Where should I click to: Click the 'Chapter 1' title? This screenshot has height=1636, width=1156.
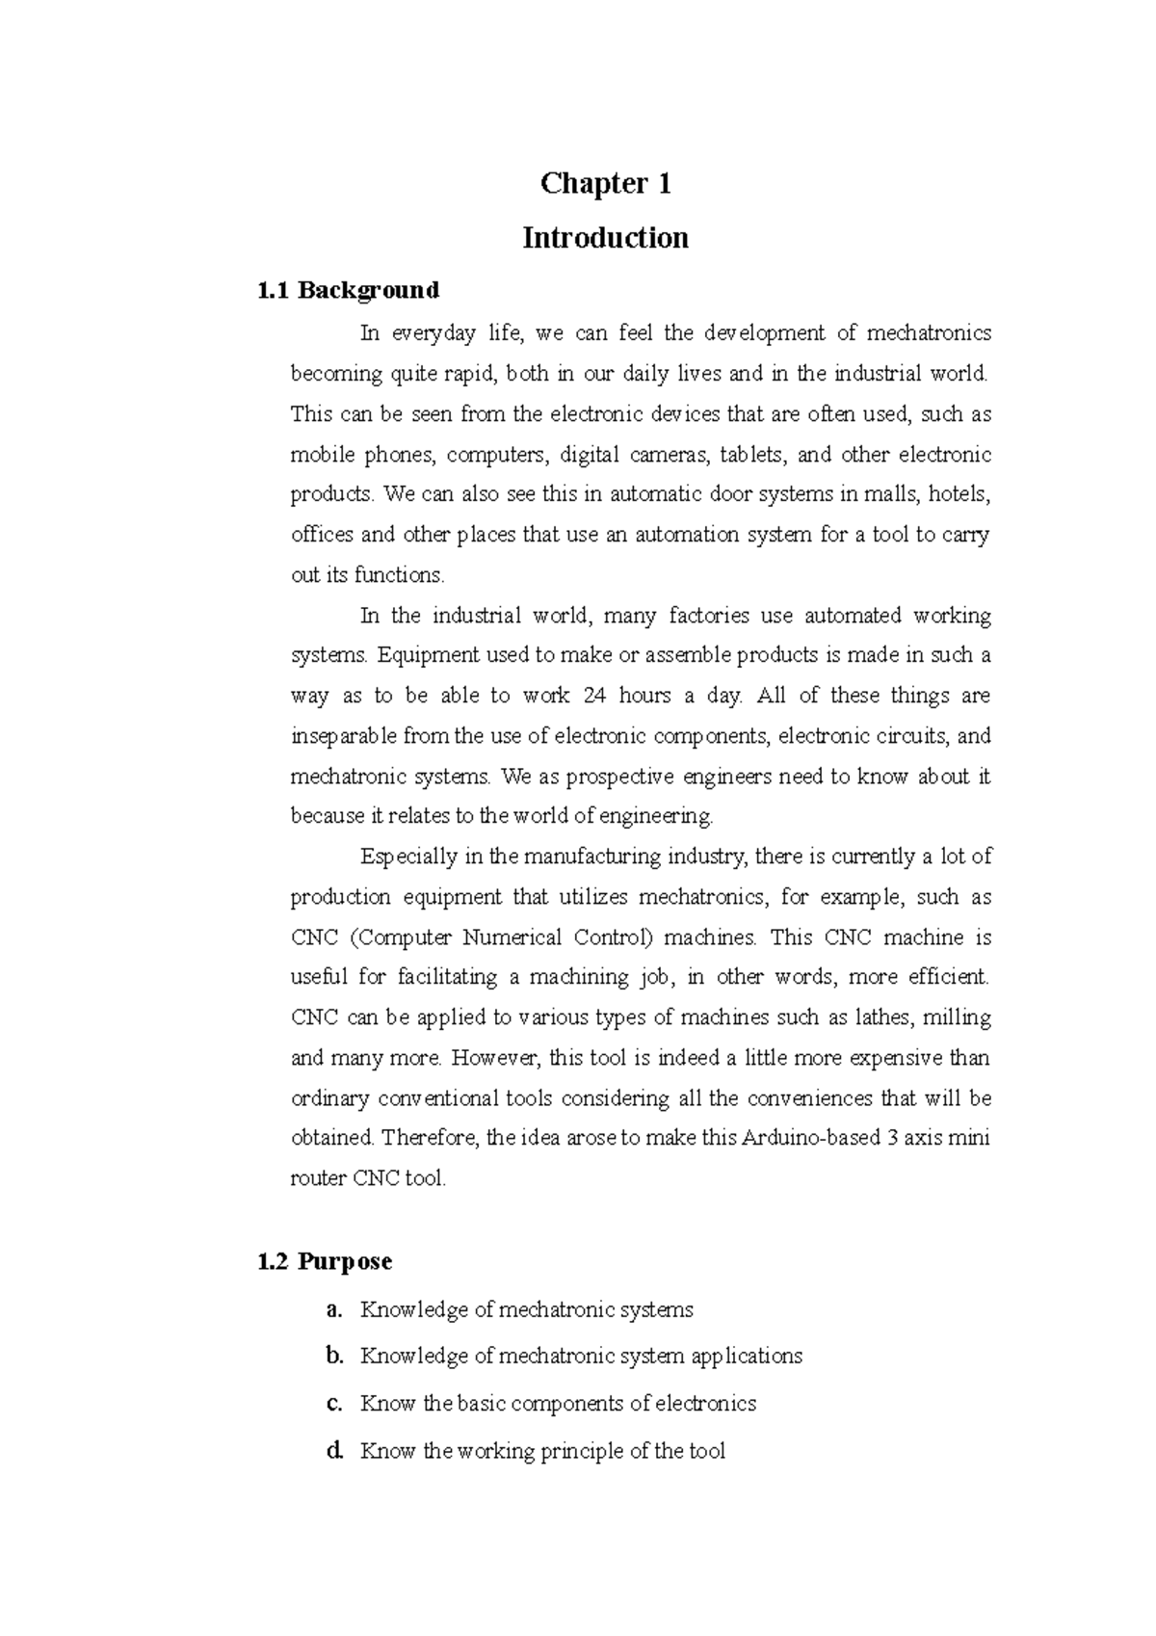pos(605,183)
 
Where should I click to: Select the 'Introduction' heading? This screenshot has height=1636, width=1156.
pos(605,238)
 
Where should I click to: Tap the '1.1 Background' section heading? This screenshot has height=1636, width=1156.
pos(349,290)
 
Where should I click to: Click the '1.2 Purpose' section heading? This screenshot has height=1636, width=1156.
pos(326,1261)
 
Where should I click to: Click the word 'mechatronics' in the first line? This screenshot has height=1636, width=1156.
pos(929,333)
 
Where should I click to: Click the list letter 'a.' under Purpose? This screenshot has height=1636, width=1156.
pos(334,1309)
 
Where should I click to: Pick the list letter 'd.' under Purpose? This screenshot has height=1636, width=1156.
pos(334,1451)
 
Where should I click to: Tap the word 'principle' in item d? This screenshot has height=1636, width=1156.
pos(580,1451)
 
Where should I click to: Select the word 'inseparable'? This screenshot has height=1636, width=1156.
pos(343,737)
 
